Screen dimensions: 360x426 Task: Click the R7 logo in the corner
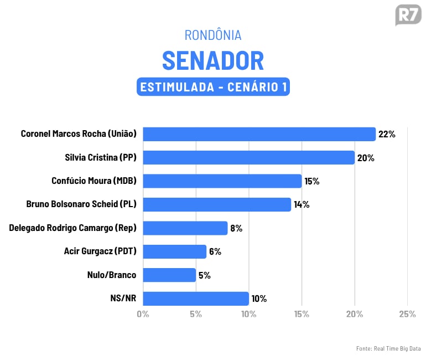[x=408, y=15]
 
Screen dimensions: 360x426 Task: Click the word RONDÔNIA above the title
[x=213, y=35]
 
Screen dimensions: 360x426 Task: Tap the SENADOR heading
[x=213, y=60]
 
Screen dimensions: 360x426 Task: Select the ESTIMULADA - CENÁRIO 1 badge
[x=213, y=87]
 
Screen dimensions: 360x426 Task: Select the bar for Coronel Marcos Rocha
[x=259, y=134]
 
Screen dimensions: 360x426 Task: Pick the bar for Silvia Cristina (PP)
[x=248, y=158]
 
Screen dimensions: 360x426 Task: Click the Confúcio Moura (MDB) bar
[x=222, y=181]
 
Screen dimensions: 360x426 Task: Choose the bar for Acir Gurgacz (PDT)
[x=174, y=251]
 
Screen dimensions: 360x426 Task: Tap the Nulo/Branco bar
[x=169, y=275]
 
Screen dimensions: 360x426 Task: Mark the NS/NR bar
[x=195, y=299]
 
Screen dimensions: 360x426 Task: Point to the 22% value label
[x=387, y=134]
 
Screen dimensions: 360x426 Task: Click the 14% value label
[x=302, y=204]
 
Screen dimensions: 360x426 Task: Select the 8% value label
[x=236, y=228]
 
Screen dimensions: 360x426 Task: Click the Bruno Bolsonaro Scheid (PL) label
[x=81, y=204]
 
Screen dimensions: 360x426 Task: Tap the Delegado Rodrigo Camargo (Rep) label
[x=72, y=228]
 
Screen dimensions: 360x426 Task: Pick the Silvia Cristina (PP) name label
[x=100, y=158]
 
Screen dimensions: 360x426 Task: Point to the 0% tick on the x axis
[x=143, y=314]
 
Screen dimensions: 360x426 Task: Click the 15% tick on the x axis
[x=302, y=314]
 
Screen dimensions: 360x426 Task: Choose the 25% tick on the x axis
[x=407, y=314]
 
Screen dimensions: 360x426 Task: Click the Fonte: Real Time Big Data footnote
[x=388, y=348]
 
